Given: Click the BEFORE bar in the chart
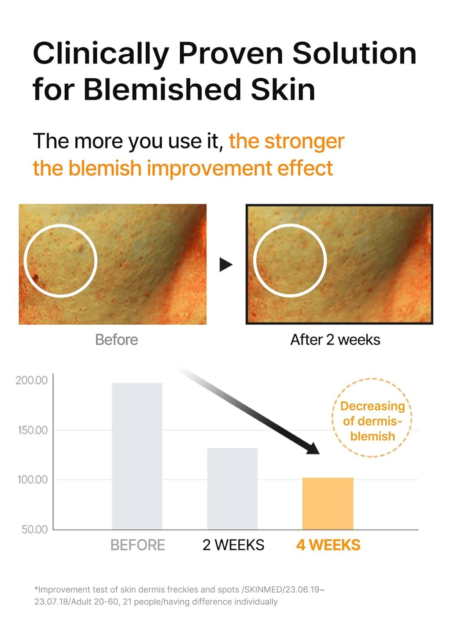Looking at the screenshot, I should pyautogui.click(x=137, y=456).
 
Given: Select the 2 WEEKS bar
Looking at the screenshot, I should pyautogui.click(x=232, y=489).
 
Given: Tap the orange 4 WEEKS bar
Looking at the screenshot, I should pyautogui.click(x=328, y=503).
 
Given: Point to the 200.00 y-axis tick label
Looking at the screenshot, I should pyautogui.click(x=32, y=380).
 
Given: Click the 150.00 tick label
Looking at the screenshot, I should pyautogui.click(x=33, y=430).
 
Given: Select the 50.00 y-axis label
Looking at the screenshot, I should pyautogui.click(x=34, y=529).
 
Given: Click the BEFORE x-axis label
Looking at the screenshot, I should pyautogui.click(x=137, y=545).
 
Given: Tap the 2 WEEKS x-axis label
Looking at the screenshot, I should pyautogui.click(x=233, y=545).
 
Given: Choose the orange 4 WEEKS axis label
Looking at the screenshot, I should pyautogui.click(x=328, y=545).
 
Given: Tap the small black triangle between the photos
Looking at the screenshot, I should pyautogui.click(x=225, y=265).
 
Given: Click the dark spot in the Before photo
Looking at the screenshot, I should pyautogui.click(x=35, y=277).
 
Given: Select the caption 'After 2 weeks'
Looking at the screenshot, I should pyautogui.click(x=335, y=340).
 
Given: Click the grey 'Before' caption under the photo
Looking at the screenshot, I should pyautogui.click(x=116, y=340).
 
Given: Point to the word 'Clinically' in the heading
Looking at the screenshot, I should pyautogui.click(x=101, y=54).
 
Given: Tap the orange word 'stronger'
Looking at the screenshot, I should pyautogui.click(x=304, y=141).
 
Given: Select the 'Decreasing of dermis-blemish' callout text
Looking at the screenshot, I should pyautogui.click(x=372, y=421).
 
